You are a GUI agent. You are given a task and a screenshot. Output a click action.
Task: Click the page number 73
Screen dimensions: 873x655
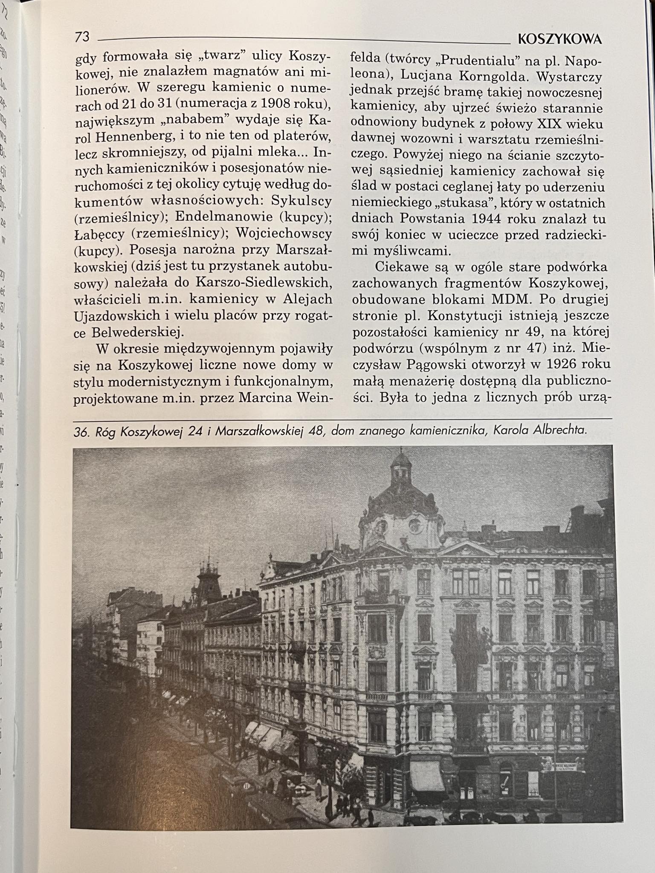[x=82, y=37]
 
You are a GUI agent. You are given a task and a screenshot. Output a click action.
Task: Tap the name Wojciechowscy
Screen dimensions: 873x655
[x=284, y=234]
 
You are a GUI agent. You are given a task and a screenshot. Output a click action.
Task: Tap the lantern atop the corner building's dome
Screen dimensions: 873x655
[x=401, y=468]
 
